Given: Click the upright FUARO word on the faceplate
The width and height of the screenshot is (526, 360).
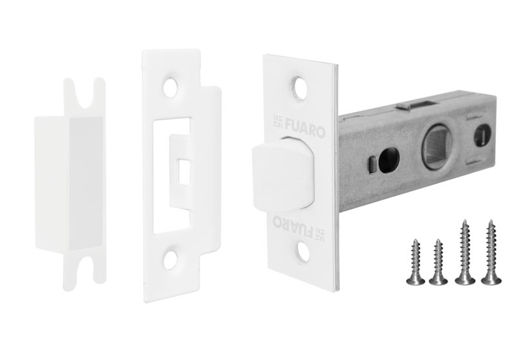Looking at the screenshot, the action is pyautogui.click(x=305, y=131).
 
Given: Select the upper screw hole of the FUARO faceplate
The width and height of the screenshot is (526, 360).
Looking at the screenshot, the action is pyautogui.click(x=299, y=87).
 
